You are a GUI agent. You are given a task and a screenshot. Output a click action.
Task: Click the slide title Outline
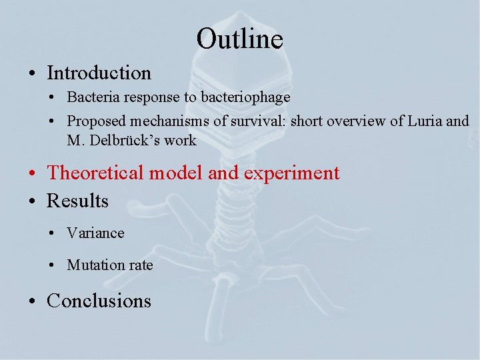pyautogui.click(x=239, y=39)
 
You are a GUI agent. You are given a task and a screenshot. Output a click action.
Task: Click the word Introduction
pyautogui.click(x=99, y=73)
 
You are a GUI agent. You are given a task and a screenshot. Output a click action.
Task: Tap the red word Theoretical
pyautogui.click(x=95, y=173)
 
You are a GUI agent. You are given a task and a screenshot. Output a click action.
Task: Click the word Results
pyautogui.click(x=77, y=201)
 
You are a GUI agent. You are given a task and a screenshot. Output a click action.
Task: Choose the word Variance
pyautogui.click(x=95, y=233)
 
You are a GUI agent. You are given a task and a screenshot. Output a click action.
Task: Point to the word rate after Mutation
pyautogui.click(x=141, y=265)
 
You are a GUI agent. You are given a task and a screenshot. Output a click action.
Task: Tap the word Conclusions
pyautogui.click(x=99, y=301)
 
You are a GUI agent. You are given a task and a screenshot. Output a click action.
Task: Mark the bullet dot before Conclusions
pyautogui.click(x=33, y=302)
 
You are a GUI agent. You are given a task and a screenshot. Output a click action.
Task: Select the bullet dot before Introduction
pyautogui.click(x=33, y=74)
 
